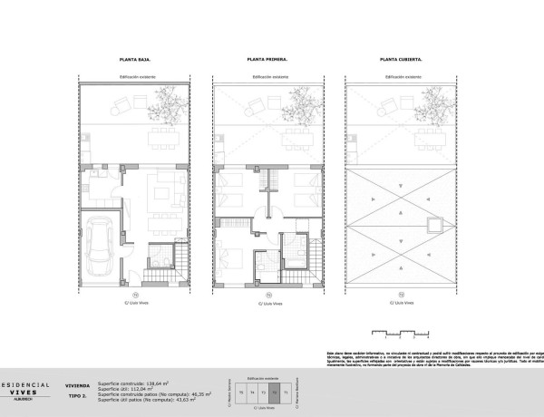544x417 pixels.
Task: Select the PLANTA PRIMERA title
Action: [x=267, y=59]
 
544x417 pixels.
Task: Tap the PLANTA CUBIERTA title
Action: [x=399, y=59]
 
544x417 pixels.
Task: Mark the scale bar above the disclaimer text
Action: [x=400, y=333]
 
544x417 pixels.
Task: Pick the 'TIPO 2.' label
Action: [x=76, y=397]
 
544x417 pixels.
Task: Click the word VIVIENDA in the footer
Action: [x=77, y=384]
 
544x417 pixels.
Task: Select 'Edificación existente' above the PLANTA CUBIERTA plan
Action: [x=399, y=78]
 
